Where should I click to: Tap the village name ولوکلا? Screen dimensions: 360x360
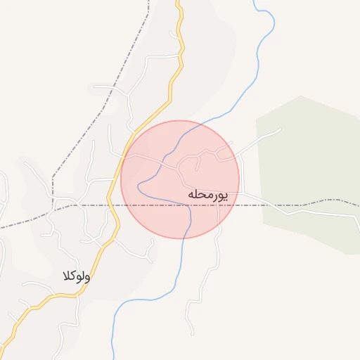pyautogui.click(x=76, y=276)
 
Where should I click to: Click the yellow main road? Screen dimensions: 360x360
pyautogui.click(x=171, y=91)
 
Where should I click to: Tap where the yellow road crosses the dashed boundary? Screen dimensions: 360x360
pyautogui.click(x=120, y=205)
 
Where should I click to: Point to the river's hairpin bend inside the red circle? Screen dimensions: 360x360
pyautogui.click(x=139, y=188)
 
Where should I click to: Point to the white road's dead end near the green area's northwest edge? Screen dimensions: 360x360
pyautogui.click(x=281, y=129)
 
